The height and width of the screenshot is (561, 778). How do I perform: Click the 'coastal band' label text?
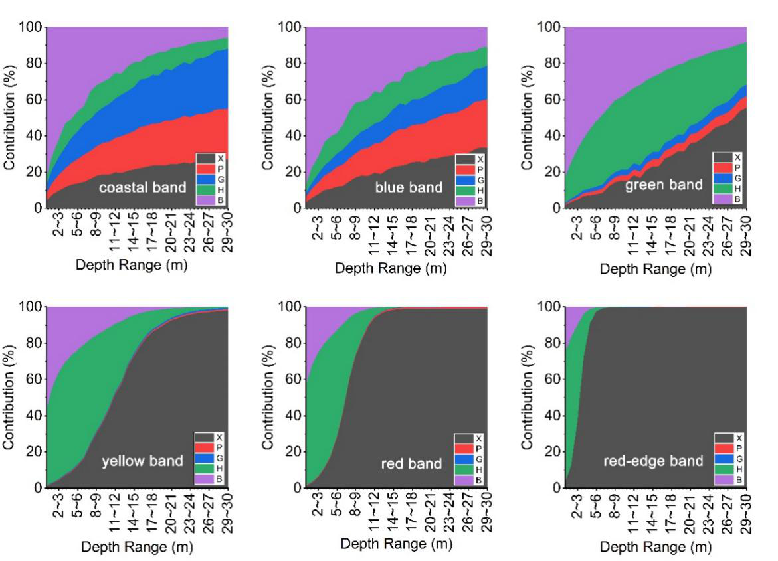143,187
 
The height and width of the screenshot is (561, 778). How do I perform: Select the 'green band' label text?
664,185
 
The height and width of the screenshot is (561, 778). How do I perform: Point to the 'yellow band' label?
142,461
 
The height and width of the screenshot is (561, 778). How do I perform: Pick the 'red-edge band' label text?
653,461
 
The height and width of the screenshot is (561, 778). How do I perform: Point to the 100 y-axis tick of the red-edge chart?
549,307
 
